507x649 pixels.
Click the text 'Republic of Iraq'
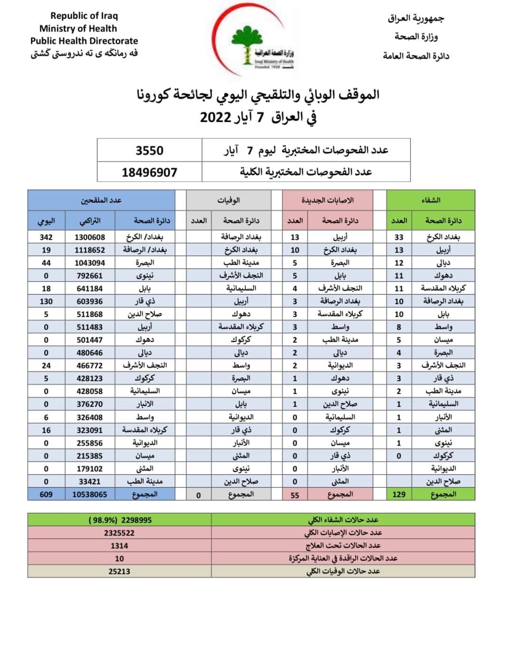(84, 16)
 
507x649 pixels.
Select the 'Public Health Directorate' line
(84, 41)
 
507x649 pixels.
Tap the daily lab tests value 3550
(149, 150)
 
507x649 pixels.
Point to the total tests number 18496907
(149, 172)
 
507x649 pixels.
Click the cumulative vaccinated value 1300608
(90, 237)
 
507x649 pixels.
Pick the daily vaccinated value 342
(46, 237)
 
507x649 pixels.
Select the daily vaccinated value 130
(46, 301)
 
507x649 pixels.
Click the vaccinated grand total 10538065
(90, 494)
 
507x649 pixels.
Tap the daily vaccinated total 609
(46, 494)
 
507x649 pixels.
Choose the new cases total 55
(295, 495)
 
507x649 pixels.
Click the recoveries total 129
(399, 494)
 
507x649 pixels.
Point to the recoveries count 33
(399, 237)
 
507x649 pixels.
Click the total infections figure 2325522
(119, 533)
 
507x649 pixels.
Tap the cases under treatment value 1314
(119, 546)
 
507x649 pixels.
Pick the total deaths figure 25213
(119, 572)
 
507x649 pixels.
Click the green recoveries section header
(431, 200)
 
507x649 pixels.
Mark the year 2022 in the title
(216, 117)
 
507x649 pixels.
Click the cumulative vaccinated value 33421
(90, 482)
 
